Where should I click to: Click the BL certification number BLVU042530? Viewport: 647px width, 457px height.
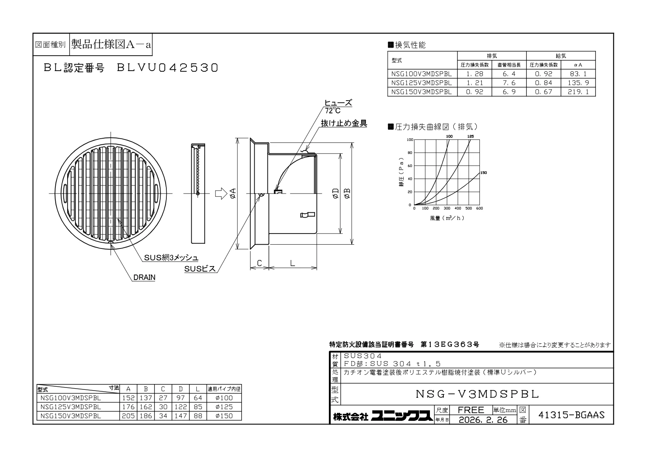(167, 68)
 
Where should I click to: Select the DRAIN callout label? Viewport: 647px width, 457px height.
(144, 277)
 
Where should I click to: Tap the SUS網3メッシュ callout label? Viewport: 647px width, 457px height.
(171, 258)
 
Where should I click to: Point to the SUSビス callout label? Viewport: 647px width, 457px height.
(200, 269)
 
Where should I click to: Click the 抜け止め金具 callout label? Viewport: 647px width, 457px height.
(344, 123)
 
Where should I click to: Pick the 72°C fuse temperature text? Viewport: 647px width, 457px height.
(333, 111)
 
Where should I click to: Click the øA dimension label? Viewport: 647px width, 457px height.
(233, 193)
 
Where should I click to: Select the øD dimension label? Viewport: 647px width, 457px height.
(335, 193)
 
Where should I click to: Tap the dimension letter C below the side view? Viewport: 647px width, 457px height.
(259, 263)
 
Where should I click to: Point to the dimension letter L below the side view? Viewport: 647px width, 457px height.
(293, 263)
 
